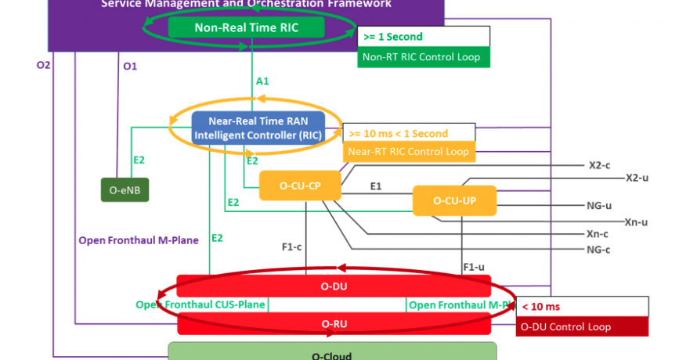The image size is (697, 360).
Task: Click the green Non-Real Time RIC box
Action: click(247, 28)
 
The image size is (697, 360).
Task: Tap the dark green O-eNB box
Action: click(125, 189)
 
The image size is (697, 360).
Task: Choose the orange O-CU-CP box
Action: click(300, 186)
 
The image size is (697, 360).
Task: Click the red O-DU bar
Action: click(334, 286)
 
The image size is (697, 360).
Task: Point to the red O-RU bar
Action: click(334, 322)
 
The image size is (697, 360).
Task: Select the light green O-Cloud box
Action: click(332, 352)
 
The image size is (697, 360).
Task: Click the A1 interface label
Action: click(263, 81)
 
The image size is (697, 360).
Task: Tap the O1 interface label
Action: click(130, 67)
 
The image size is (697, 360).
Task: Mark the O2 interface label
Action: click(44, 65)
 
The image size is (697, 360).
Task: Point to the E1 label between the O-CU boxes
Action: click(376, 186)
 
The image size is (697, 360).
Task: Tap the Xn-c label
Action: click(598, 234)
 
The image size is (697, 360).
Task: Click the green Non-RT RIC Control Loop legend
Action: click(424, 57)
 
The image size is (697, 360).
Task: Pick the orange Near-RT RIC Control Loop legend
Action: click(408, 151)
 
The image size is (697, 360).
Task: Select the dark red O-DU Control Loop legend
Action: click(582, 326)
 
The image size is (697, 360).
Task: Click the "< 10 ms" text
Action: click(541, 306)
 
